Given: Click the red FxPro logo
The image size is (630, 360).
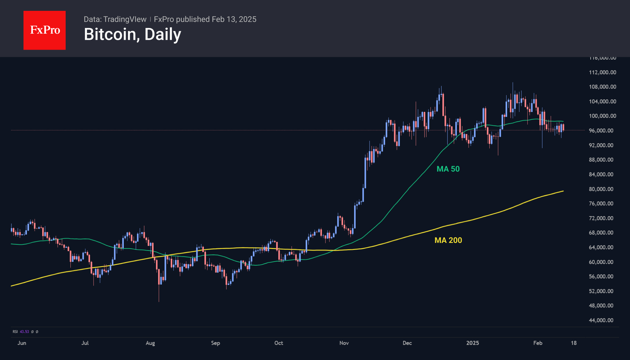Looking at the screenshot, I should [45, 30].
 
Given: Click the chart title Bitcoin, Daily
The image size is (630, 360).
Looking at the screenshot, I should [133, 34].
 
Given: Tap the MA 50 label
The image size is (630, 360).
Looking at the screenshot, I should [448, 169].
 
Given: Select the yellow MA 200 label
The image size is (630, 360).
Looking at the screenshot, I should [448, 240].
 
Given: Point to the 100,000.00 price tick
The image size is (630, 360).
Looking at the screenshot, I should [602, 116].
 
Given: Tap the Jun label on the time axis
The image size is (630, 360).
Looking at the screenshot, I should [22, 343].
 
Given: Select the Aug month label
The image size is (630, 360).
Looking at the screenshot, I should [150, 343].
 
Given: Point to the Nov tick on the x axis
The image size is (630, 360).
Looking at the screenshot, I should [344, 343].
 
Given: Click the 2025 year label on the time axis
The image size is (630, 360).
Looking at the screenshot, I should [472, 343].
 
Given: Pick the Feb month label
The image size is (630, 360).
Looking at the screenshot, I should [538, 343].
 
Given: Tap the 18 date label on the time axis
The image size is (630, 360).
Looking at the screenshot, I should [574, 343].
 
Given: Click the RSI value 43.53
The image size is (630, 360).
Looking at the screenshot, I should [24, 332].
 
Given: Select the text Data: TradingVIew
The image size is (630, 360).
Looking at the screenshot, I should [115, 19].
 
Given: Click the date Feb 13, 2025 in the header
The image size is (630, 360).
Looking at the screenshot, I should [234, 19].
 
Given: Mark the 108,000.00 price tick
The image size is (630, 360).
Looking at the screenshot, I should [602, 87].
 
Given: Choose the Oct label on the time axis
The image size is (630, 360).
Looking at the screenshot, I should [279, 343].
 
